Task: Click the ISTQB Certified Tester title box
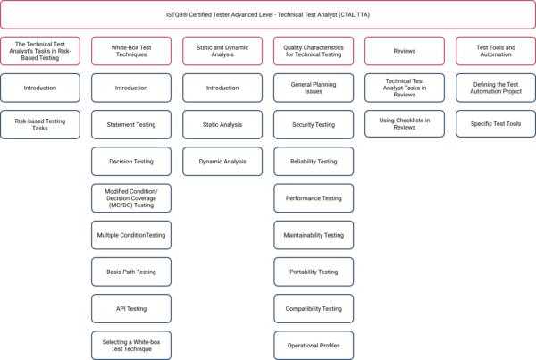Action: (x=268, y=14)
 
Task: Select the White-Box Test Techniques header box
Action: (x=131, y=51)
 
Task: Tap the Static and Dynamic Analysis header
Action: (x=222, y=51)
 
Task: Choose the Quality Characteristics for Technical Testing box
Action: (x=314, y=51)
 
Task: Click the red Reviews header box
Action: (x=405, y=51)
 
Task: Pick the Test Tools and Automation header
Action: (x=496, y=51)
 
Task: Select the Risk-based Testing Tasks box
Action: (x=40, y=124)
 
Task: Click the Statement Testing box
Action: (x=131, y=124)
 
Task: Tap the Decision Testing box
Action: (x=131, y=162)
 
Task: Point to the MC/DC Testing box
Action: (x=131, y=198)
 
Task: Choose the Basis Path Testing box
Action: (x=131, y=272)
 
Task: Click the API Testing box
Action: (x=131, y=309)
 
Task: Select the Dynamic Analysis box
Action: (x=222, y=162)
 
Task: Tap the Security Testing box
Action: (x=314, y=124)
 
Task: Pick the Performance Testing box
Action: (x=314, y=198)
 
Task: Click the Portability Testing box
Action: (x=314, y=272)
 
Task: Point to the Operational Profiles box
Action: (x=314, y=346)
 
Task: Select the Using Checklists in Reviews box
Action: (x=405, y=124)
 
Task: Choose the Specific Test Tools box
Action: (x=496, y=124)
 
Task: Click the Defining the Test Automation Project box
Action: (x=496, y=88)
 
